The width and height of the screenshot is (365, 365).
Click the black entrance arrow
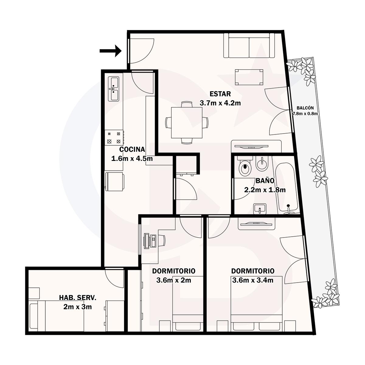tap(110, 51)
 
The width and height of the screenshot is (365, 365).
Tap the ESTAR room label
tap(220, 94)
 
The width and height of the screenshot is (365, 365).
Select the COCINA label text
tap(132, 149)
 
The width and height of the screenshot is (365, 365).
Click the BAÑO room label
tap(265, 181)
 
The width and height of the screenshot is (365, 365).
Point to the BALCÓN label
tap(305, 108)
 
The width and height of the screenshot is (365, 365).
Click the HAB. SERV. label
tap(78, 297)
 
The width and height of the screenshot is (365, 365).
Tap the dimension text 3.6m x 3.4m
tap(253, 280)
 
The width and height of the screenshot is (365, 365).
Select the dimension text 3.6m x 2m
tap(173, 280)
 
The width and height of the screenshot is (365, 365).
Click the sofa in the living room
tap(249, 45)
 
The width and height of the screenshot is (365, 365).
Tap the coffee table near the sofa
tap(249, 77)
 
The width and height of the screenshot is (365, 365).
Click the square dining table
tap(186, 123)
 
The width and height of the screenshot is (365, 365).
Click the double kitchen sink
tap(114, 89)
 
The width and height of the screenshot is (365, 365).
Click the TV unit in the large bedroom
tap(256, 224)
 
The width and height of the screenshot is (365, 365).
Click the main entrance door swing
tap(141, 51)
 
